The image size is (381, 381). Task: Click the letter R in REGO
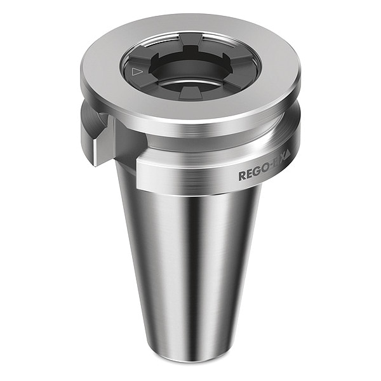click(x=242, y=176)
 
